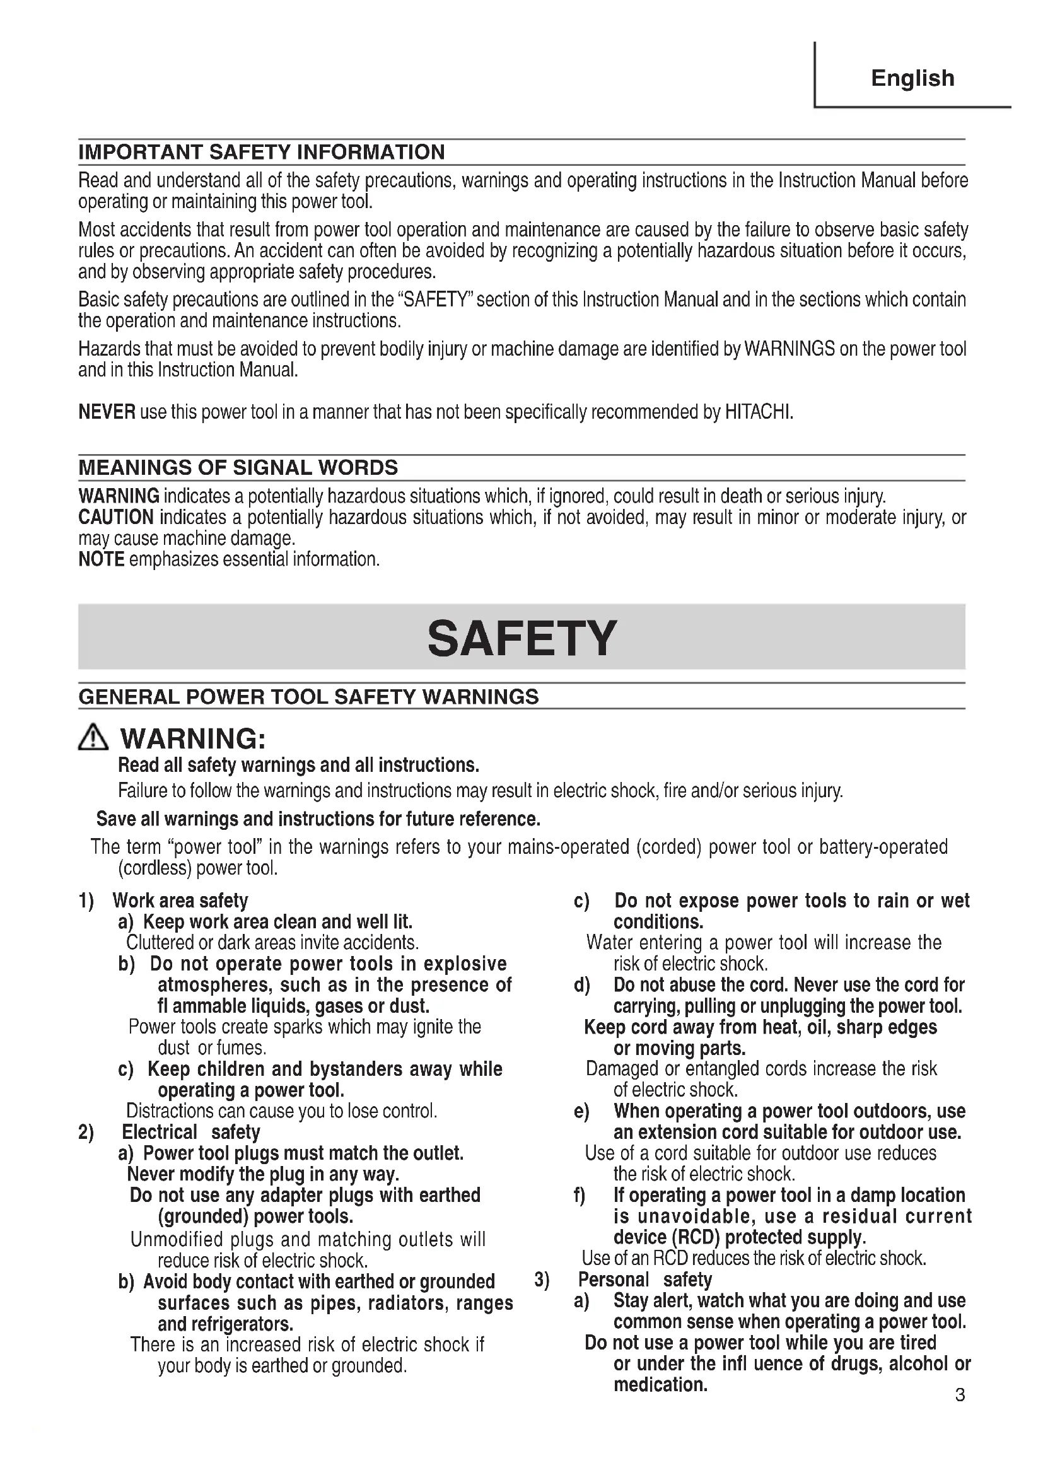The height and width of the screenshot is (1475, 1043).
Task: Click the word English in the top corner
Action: click(x=912, y=78)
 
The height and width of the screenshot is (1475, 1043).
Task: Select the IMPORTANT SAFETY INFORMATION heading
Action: click(x=262, y=152)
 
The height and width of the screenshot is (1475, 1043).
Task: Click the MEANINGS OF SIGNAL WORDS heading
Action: click(x=238, y=467)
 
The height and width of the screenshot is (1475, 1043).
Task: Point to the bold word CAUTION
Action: click(x=115, y=517)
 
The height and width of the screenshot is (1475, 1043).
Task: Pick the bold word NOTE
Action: click(x=101, y=559)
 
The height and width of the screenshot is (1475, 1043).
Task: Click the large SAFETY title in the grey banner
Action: click(x=521, y=639)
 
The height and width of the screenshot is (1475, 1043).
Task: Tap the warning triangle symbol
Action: click(x=94, y=738)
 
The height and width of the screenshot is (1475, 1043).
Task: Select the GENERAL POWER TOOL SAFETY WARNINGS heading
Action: click(x=308, y=696)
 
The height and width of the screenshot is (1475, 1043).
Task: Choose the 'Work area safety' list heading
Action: click(x=180, y=901)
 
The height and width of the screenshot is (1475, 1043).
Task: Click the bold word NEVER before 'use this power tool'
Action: click(x=107, y=412)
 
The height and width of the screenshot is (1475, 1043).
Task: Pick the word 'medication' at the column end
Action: click(x=660, y=1384)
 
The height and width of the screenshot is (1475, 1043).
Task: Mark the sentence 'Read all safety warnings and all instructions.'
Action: click(x=299, y=765)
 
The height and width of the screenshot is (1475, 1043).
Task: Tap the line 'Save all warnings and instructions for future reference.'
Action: click(x=318, y=819)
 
